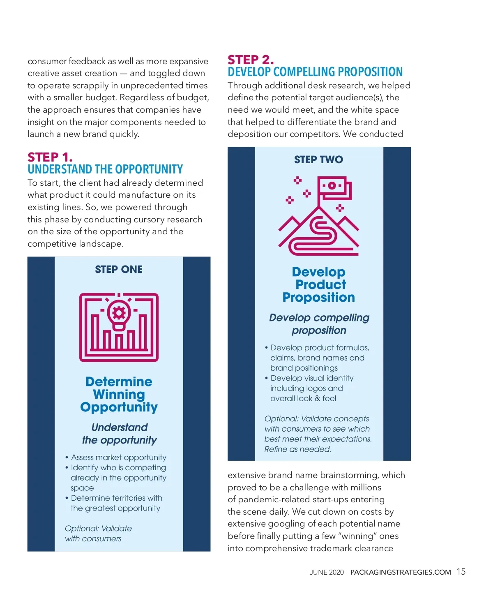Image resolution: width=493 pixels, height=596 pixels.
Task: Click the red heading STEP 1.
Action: tap(50, 157)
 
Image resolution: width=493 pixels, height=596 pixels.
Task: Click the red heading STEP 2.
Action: tap(251, 60)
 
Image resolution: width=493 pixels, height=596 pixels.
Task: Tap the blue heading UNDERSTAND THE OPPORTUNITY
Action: tap(105, 169)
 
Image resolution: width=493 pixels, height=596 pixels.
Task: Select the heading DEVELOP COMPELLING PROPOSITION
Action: tap(315, 72)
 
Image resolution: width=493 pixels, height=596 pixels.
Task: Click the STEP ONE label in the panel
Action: tap(119, 270)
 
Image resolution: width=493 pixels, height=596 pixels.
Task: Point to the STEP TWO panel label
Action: tap(318, 159)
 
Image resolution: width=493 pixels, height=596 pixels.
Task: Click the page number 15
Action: tap(461, 572)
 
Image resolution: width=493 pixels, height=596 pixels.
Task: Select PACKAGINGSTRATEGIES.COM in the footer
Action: tap(401, 572)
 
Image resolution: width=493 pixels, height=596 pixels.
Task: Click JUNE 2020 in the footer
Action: tap(327, 572)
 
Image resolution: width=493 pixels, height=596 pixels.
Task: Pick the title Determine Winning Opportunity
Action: tap(119, 394)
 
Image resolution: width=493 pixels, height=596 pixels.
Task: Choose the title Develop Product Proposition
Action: tap(319, 284)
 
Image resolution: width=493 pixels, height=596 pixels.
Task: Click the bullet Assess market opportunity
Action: tap(118, 457)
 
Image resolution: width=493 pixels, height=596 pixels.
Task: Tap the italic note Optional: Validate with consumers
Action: tap(98, 534)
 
